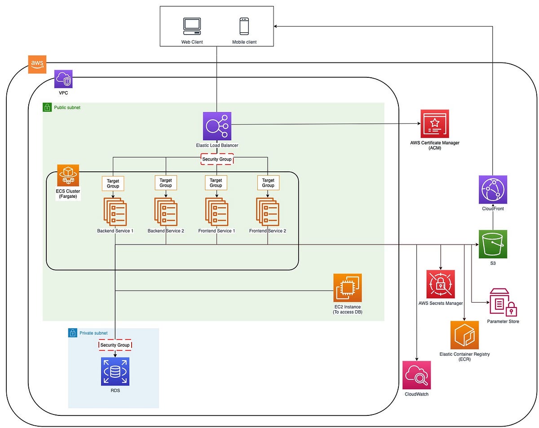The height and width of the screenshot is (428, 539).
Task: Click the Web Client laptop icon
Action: click(x=192, y=27)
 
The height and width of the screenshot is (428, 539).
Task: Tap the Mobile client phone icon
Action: click(x=244, y=26)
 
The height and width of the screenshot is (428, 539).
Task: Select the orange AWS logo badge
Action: click(x=37, y=64)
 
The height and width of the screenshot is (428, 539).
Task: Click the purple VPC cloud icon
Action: click(x=63, y=79)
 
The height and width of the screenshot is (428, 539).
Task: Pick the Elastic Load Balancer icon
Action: click(x=217, y=126)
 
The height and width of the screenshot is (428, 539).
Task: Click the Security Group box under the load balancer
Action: click(x=217, y=159)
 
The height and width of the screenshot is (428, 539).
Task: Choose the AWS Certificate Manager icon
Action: click(x=434, y=124)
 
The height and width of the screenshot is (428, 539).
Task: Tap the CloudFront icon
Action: click(x=493, y=190)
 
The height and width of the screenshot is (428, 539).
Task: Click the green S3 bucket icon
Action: click(x=493, y=244)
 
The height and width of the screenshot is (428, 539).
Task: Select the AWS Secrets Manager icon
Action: click(x=441, y=284)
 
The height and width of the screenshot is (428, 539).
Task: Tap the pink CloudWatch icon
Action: click(x=416, y=375)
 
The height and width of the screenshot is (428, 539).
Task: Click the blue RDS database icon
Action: click(x=115, y=371)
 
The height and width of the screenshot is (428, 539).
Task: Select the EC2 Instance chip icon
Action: click(x=347, y=288)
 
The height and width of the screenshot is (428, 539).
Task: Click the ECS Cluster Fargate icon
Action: click(x=68, y=175)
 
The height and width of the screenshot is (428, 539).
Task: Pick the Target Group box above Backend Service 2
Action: click(x=166, y=183)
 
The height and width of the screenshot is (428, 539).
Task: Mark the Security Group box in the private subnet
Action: click(x=115, y=345)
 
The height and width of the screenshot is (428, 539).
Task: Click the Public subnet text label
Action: click(x=67, y=108)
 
